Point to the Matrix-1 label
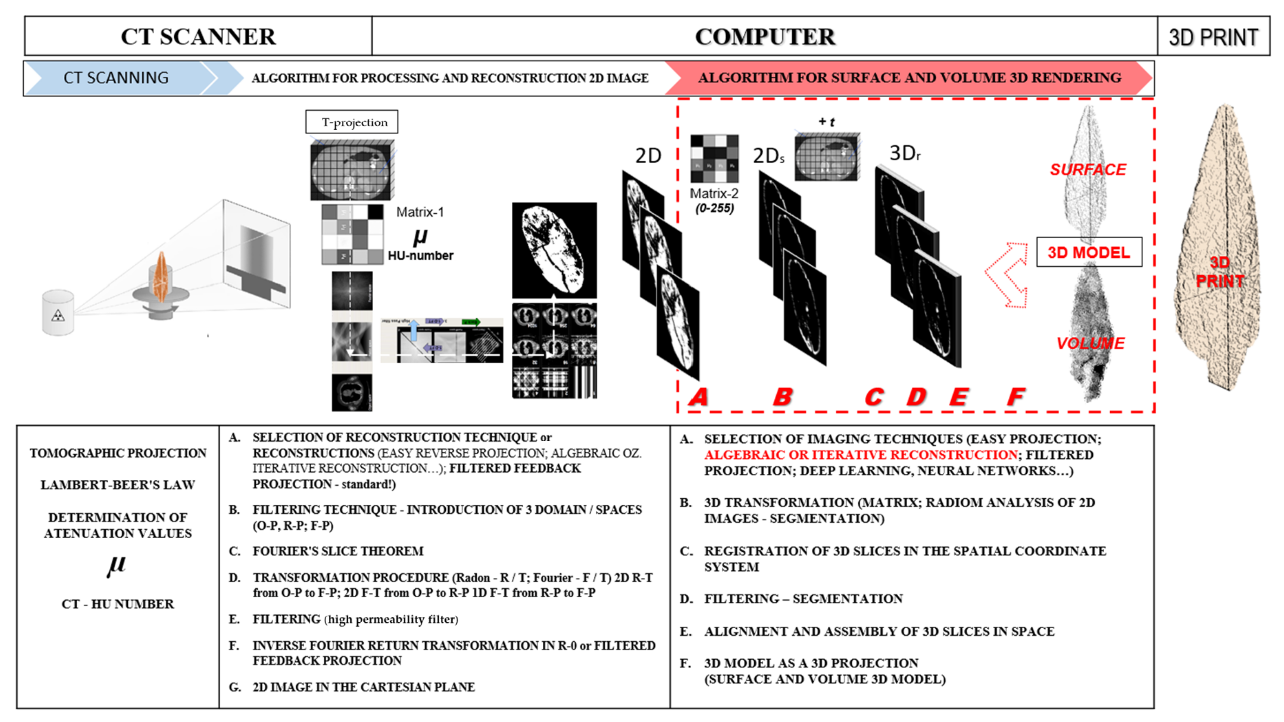[420, 212]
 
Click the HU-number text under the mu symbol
[420, 256]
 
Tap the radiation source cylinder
[58, 313]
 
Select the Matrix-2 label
[714, 194]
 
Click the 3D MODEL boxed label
[1089, 252]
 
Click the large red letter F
[1015, 397]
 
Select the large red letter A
[698, 397]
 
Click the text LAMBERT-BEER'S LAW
[118, 485]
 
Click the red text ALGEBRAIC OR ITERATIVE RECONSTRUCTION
[861, 455]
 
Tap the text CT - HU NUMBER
[118, 604]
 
